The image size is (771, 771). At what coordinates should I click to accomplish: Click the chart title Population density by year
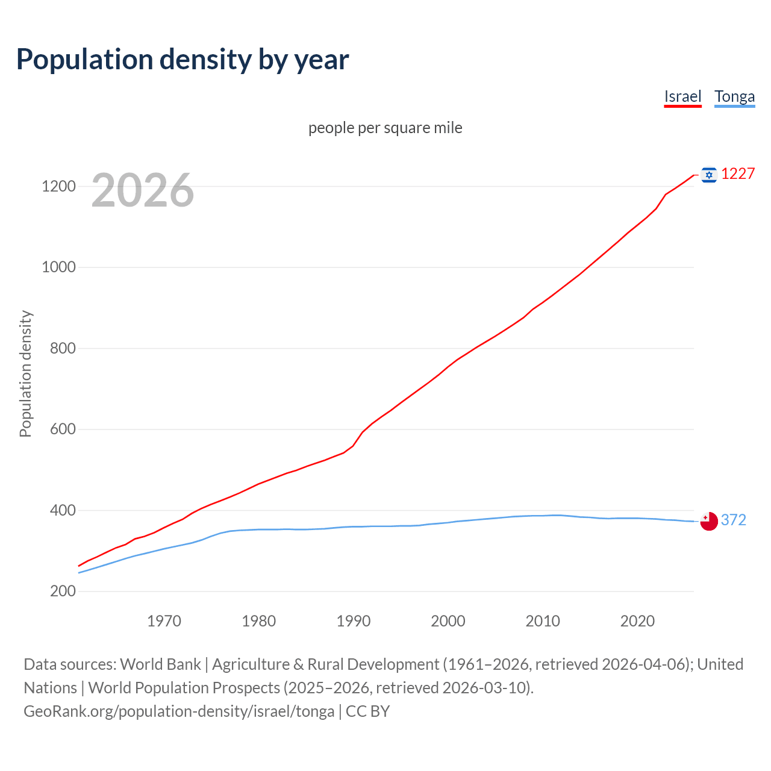click(x=183, y=59)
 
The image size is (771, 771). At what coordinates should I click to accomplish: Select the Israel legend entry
click(x=682, y=96)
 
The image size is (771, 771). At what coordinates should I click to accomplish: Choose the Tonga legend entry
click(x=734, y=96)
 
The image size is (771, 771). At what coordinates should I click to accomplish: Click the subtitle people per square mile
click(x=385, y=128)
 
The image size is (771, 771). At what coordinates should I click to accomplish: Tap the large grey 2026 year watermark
click(x=143, y=190)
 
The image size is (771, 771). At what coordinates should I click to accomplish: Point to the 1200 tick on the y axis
click(x=58, y=186)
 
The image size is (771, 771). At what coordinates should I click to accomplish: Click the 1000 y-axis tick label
click(x=58, y=267)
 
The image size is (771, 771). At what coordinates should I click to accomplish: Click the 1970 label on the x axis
click(x=164, y=620)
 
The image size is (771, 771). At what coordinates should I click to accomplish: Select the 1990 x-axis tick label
click(x=354, y=620)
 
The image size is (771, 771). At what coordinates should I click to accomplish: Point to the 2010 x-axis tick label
click(x=543, y=620)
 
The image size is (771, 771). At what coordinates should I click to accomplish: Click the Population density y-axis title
click(x=25, y=373)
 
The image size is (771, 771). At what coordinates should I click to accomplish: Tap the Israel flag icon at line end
click(x=709, y=175)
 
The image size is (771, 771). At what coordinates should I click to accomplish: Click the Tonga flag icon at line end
click(x=709, y=521)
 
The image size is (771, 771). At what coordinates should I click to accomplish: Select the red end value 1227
click(x=738, y=173)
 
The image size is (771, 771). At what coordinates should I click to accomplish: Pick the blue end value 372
click(x=733, y=520)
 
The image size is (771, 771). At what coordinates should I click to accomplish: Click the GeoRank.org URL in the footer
click(x=179, y=711)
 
